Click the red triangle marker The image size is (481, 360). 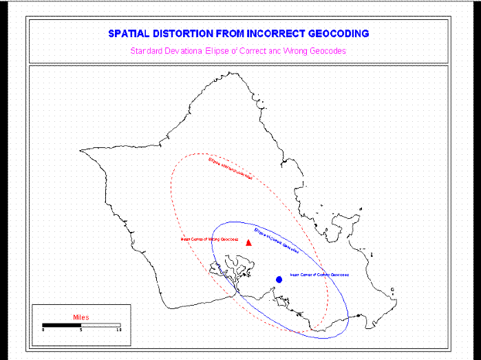248,242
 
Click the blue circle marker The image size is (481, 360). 279,279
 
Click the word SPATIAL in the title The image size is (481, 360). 129,33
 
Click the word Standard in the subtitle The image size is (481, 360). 145,51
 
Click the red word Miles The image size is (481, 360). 81,317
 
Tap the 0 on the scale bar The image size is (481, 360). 43,330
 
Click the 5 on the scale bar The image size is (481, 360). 81,330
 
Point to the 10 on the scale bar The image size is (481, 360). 119,330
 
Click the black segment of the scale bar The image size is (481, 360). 62,324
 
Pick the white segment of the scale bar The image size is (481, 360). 100,324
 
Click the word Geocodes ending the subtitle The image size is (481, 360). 328,51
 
